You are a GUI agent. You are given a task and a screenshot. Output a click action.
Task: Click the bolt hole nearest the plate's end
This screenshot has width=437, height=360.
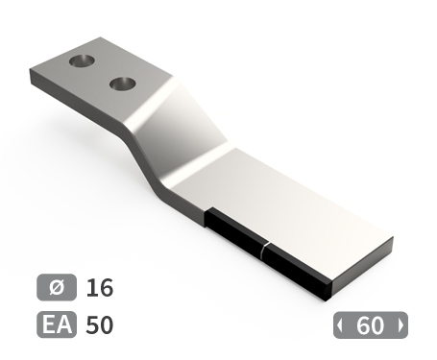(x=82, y=60)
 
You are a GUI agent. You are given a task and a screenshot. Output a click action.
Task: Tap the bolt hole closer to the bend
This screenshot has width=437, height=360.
(x=122, y=84)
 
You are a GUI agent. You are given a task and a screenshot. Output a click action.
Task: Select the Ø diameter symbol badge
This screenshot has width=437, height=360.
(x=57, y=287)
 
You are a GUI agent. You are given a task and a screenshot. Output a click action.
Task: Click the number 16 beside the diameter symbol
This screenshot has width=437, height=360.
(x=100, y=287)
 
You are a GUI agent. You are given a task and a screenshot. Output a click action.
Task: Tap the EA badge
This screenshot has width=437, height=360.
(x=57, y=324)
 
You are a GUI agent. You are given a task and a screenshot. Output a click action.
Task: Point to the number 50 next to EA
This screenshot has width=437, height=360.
(x=100, y=324)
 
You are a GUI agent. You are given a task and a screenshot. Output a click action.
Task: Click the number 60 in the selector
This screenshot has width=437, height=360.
(x=370, y=325)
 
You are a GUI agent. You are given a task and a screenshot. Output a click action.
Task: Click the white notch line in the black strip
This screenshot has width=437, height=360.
(x=264, y=251)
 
